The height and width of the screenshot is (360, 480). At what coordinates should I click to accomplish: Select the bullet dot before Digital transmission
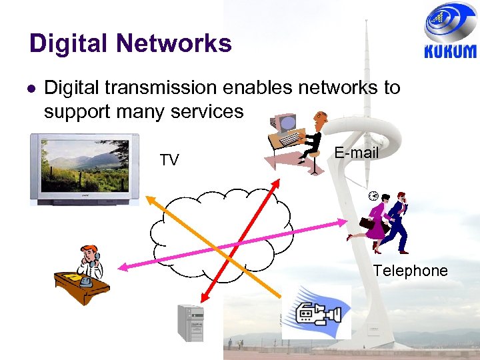31,87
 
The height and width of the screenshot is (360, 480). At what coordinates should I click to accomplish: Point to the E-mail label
356,153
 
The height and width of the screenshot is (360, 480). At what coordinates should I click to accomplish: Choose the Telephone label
410,271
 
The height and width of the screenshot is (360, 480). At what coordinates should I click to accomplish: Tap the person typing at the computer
299,142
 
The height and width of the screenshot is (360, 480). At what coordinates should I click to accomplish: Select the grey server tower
189,323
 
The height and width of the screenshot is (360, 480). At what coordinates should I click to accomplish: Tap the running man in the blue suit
398,222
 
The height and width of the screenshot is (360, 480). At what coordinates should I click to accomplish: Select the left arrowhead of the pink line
122,267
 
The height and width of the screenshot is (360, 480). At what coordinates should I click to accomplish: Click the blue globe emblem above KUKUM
450,23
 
